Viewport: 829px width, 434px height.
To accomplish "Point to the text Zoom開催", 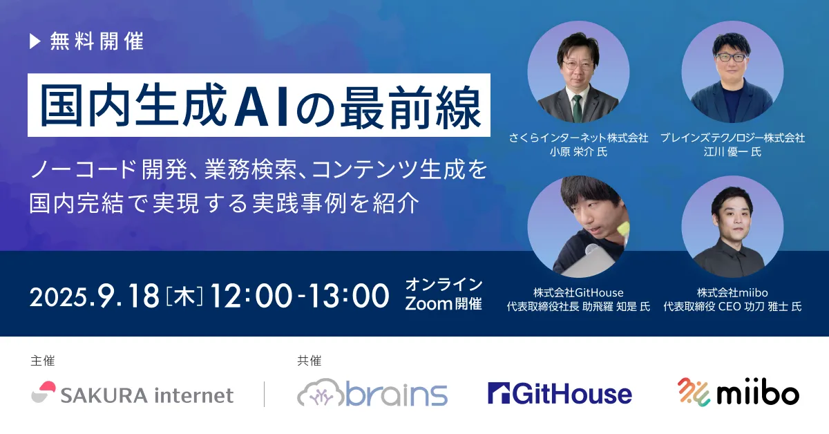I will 444,304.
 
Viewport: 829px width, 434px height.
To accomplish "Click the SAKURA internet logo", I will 133,394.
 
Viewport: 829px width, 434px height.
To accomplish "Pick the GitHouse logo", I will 560,393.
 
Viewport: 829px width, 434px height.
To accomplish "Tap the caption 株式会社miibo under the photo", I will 732,292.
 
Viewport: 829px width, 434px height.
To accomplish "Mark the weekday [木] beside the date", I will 184,297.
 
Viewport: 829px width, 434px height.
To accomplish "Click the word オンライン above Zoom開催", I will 444,285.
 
